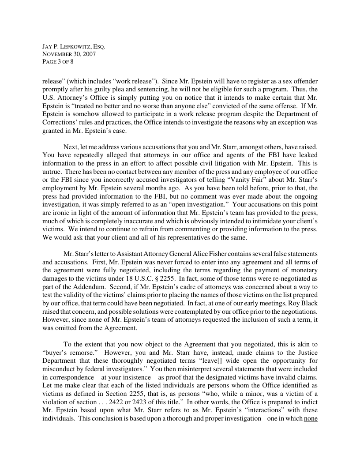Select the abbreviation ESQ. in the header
click(97, 46)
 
